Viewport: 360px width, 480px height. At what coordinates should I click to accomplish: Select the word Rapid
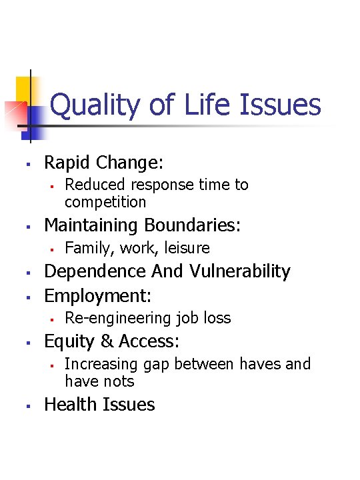click(x=67, y=162)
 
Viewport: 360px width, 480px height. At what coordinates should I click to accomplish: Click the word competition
click(x=105, y=201)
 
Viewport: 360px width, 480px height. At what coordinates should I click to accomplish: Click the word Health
click(x=69, y=405)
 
